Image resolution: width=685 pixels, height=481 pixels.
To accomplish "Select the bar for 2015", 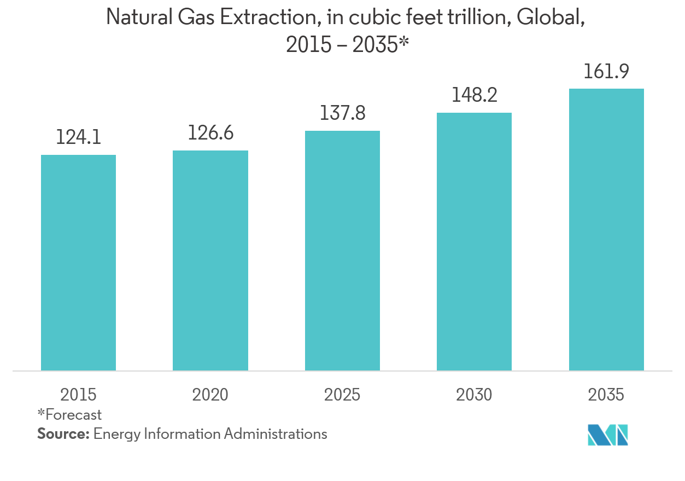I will (78, 263).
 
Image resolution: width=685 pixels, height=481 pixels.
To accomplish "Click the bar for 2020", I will (210, 260).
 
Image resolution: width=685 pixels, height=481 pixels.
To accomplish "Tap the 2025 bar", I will (342, 251).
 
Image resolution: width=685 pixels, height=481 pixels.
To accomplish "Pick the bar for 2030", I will (474, 242).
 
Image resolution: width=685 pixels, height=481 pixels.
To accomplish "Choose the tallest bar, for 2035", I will (606, 230).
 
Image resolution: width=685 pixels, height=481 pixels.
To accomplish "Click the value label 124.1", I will (78, 137).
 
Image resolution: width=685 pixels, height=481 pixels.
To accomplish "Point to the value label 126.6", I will (210, 133).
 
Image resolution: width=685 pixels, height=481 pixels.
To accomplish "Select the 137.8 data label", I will (342, 113).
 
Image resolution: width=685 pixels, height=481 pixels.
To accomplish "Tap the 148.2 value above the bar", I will (474, 95).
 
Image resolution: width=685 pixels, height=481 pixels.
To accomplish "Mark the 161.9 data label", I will (606, 71).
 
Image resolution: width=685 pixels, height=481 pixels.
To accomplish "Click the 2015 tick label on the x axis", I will (78, 395).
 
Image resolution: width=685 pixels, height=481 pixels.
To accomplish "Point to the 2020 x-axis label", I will (210, 395).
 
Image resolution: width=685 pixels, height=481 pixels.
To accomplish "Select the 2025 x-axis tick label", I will (342, 395).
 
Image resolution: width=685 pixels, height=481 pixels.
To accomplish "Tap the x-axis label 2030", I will (474, 395).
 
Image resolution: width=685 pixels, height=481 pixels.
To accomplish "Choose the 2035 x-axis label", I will (606, 395).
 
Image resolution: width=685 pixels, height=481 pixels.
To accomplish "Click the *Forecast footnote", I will (69, 415).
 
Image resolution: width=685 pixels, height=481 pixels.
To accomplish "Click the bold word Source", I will (62, 434).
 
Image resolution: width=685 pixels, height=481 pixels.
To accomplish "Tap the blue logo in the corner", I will (607, 434).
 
